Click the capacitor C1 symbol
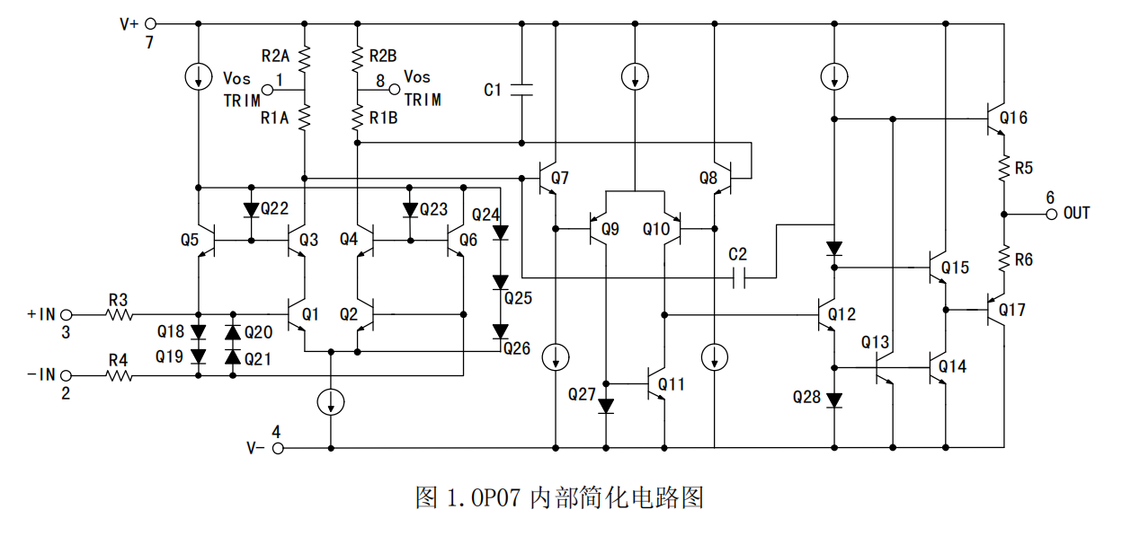tap(521, 89)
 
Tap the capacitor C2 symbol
tap(738, 278)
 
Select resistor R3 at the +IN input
tap(120, 315)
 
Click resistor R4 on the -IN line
tap(120, 376)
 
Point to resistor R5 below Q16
tap(1002, 168)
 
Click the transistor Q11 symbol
tap(657, 385)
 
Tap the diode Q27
tap(606, 405)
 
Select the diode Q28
tap(834, 399)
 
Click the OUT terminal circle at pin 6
tap(1050, 214)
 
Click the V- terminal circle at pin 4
tap(279, 446)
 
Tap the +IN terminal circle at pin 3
tap(65, 315)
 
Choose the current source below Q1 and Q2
tap(332, 402)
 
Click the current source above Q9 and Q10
tap(636, 76)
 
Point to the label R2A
tap(274, 55)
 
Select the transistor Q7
tap(548, 179)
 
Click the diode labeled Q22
tap(251, 210)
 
